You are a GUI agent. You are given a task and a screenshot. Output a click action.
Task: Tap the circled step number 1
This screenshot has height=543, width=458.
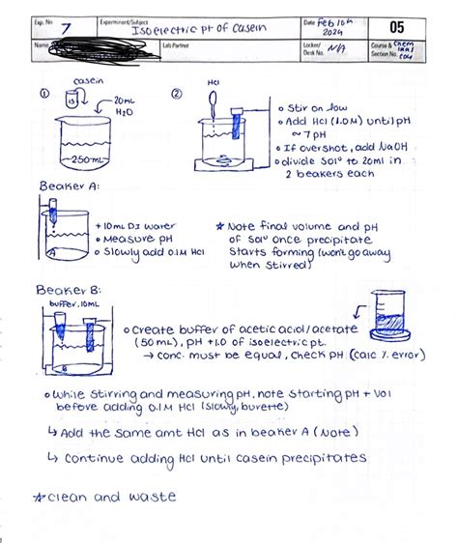pos(43,95)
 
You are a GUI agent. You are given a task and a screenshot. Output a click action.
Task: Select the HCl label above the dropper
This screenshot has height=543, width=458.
pos(214,83)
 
